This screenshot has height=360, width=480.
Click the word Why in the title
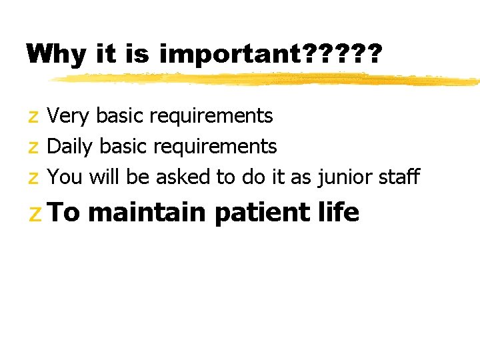[x=57, y=54]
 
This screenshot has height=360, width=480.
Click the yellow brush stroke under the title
[x=267, y=79]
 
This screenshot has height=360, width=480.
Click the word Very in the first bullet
[x=69, y=116]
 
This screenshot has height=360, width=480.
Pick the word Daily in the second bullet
[x=71, y=147]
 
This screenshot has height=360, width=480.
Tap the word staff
[x=398, y=177]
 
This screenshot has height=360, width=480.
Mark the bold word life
[x=341, y=213]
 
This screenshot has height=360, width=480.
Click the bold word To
[x=64, y=213]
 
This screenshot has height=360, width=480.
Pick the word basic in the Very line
[x=120, y=116]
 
